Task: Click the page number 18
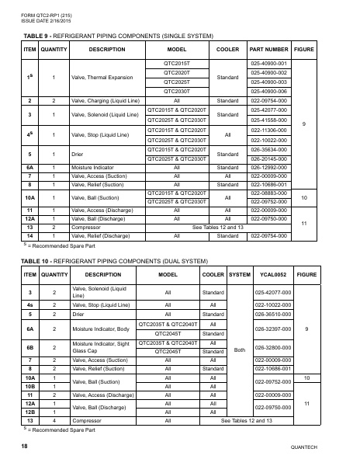(26, 447)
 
